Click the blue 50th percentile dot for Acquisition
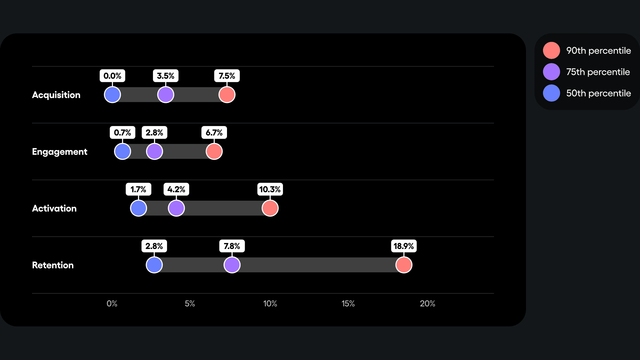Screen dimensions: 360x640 (112, 95)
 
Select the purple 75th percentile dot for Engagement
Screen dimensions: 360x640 (154, 151)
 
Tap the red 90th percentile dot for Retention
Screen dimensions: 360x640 (404, 265)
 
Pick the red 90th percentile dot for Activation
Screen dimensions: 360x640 (270, 208)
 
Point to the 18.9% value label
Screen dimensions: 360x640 (403, 246)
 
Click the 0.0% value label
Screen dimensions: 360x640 (112, 76)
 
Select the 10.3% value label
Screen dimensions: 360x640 (270, 189)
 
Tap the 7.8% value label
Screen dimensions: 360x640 (232, 246)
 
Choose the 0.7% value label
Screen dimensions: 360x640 (122, 133)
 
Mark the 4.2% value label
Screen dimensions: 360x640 (176, 189)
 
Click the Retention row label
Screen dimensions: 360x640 (53, 265)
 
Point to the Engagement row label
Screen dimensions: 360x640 (60, 152)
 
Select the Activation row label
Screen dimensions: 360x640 (54, 208)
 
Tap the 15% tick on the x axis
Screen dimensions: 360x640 (348, 303)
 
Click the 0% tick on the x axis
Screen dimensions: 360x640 (112, 303)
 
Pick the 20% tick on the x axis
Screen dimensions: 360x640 (427, 303)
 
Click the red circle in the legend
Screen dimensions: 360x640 (551, 50)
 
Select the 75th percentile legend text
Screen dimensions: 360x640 (598, 72)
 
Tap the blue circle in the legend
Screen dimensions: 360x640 (551, 93)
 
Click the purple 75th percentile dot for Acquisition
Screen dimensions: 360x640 (166, 95)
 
